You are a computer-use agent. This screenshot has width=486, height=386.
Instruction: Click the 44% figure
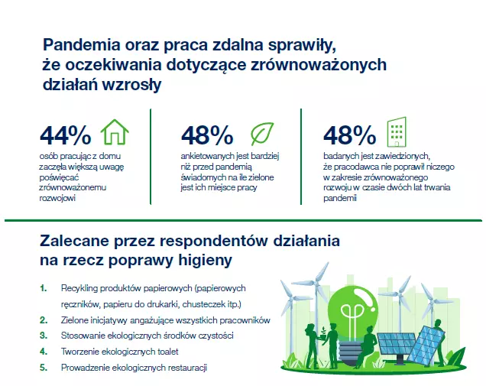pos(66,135)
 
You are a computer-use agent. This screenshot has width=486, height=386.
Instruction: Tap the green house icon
pos(115,132)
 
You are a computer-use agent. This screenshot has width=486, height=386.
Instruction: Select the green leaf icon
pos(262,134)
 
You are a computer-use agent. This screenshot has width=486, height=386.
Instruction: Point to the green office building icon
pos(397,131)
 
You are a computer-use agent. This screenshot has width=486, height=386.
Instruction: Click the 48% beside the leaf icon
pos(207,135)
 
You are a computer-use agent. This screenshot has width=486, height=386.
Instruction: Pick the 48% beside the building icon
pos(350,135)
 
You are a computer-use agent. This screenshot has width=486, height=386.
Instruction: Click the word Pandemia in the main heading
pos(82,44)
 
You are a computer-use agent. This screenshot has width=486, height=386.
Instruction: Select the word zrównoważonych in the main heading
pos(319,65)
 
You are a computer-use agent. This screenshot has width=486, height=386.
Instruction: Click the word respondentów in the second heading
pos(214,242)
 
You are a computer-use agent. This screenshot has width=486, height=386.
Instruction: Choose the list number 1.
pos(44,288)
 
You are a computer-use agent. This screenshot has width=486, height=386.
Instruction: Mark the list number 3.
pos(44,336)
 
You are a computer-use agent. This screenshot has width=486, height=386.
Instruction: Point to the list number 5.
pos(44,368)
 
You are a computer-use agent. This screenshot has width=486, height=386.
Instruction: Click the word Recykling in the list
pos(79,289)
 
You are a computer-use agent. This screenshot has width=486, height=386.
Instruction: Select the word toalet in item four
pos(168,352)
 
